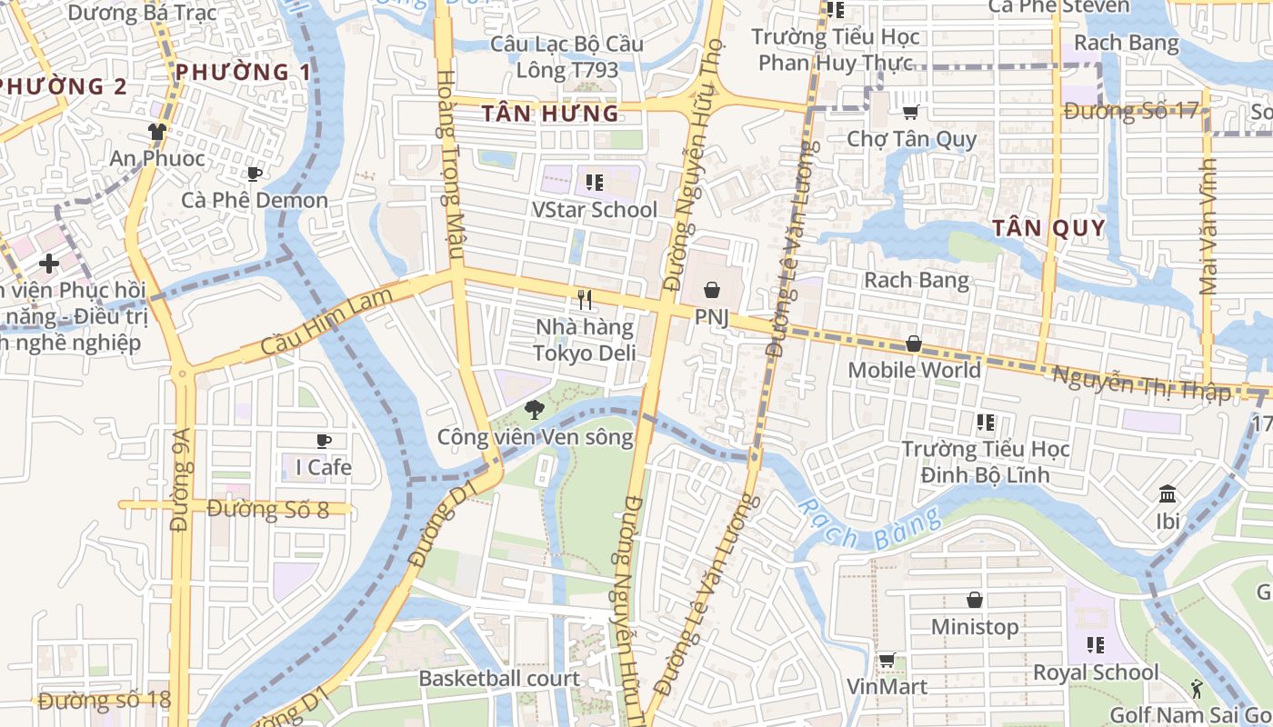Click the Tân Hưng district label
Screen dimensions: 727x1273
550,114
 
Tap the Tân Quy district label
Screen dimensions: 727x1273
1048,228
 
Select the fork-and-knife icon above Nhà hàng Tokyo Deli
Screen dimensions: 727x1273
585,299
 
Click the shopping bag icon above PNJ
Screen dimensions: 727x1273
712,290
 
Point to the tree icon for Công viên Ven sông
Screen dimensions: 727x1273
536,409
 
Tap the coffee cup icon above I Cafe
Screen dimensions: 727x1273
323,442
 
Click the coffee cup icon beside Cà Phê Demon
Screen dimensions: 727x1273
255,174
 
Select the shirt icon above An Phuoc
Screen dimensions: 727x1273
157,132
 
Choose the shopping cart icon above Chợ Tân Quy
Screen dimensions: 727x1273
910,112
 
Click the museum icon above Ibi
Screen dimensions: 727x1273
1168,494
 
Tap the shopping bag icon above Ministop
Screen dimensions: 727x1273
975,600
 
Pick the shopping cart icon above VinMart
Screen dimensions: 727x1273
887,661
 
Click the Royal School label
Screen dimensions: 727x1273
1096,672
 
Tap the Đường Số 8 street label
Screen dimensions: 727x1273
267,509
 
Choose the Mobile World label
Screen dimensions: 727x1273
914,370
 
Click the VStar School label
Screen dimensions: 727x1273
594,209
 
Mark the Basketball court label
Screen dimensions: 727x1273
498,678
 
